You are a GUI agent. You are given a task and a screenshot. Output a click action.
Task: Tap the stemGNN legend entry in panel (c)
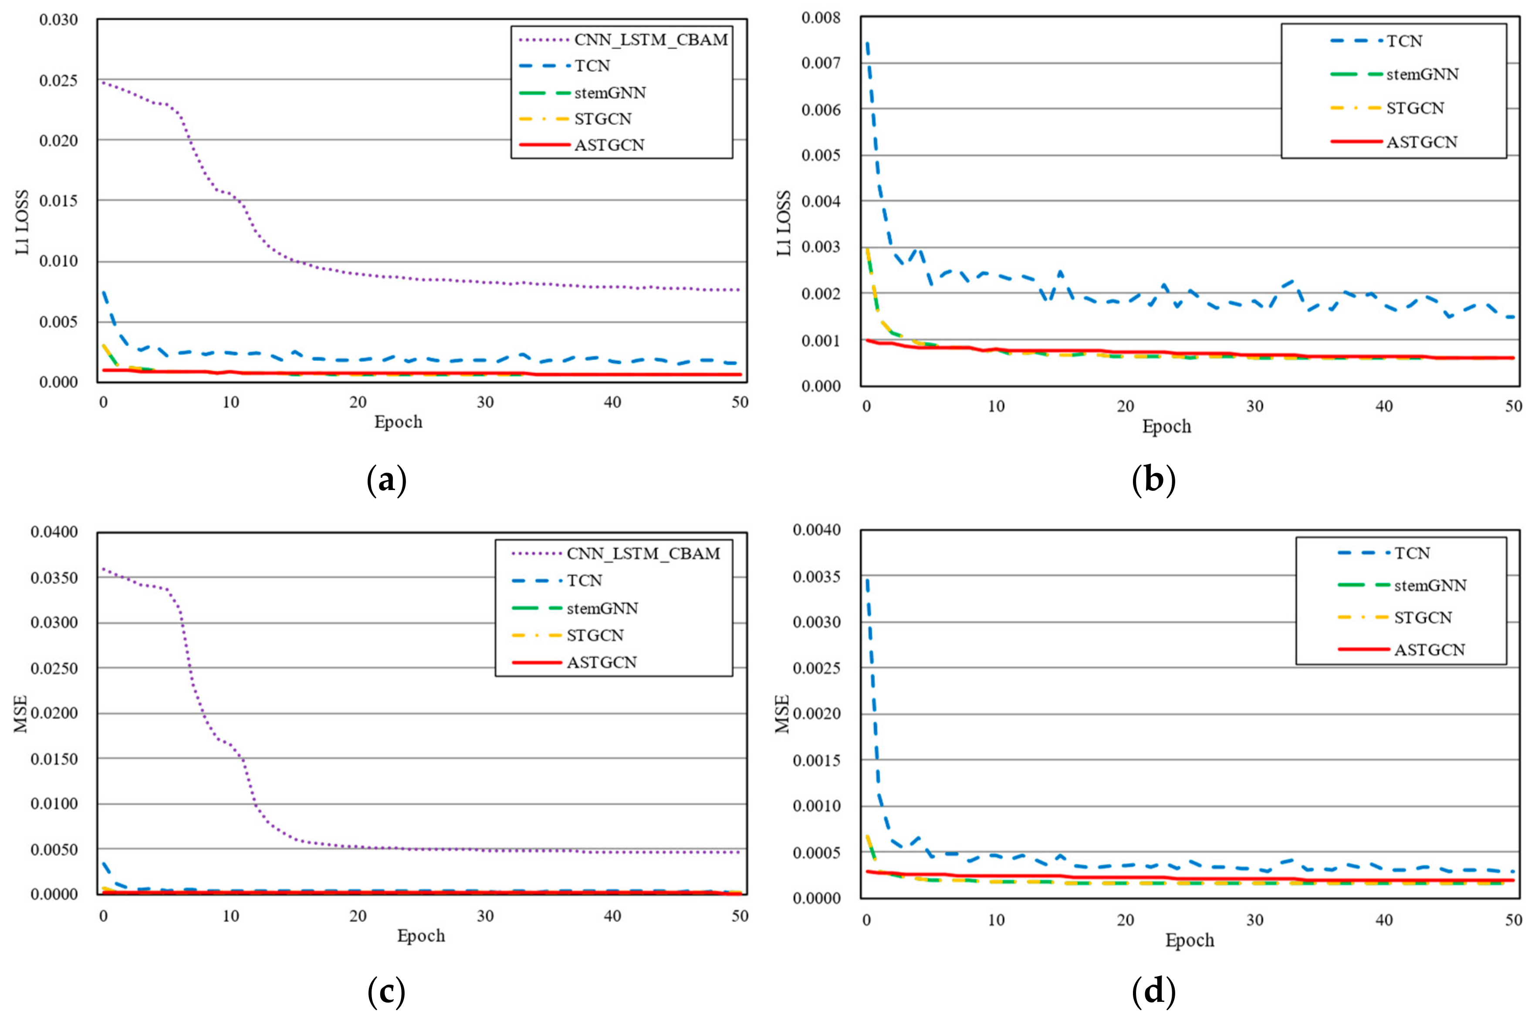click(602, 608)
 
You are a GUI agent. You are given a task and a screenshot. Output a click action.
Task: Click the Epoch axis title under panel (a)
click(398, 422)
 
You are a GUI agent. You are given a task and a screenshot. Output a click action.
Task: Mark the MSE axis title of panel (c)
click(21, 713)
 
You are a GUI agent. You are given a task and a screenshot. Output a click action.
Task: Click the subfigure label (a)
click(387, 480)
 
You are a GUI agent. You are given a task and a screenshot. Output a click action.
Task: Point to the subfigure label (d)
click(1153, 992)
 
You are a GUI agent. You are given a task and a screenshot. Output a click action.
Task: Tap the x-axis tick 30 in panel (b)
click(1254, 406)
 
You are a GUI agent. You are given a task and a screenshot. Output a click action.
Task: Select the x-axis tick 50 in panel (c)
click(740, 916)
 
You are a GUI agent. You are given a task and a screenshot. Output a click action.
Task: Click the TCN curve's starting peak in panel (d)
click(868, 579)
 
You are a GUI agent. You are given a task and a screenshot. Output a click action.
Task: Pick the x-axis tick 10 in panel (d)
click(996, 920)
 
